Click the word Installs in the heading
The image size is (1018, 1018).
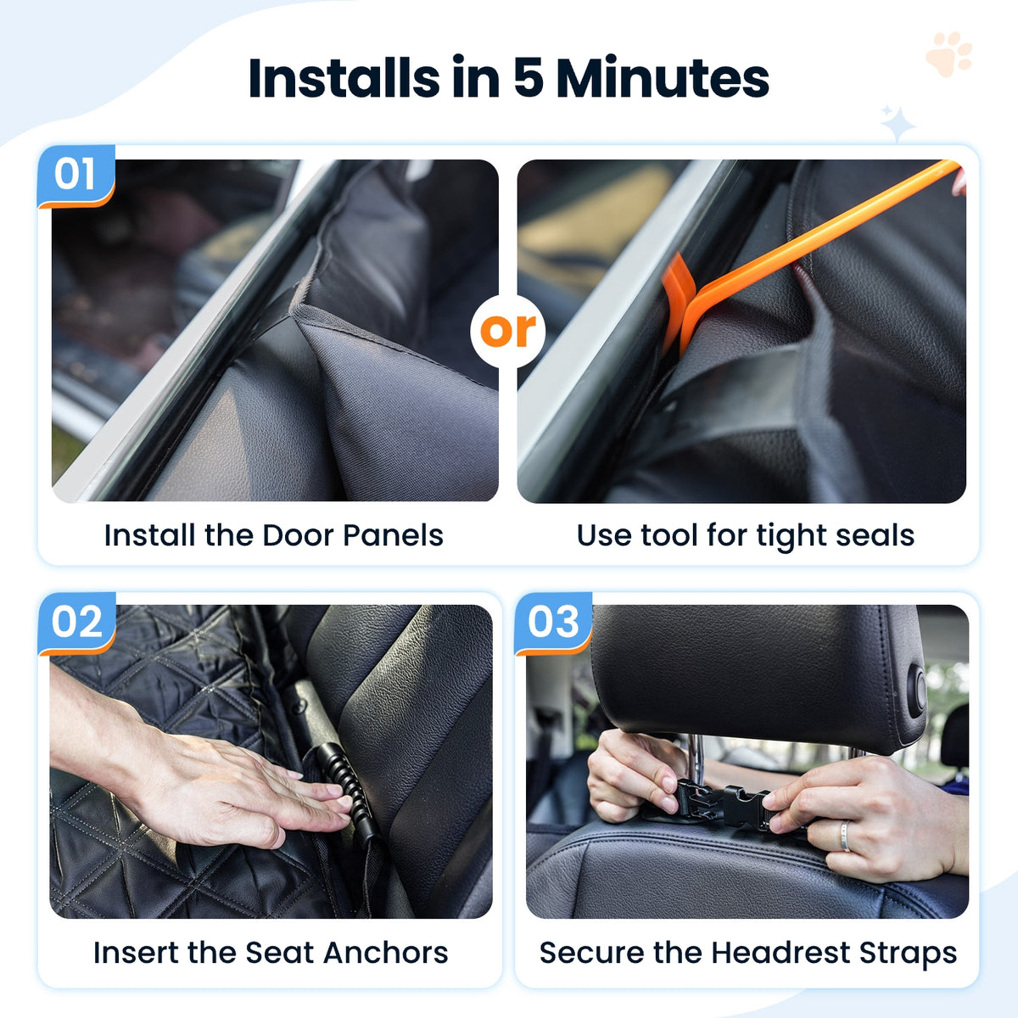pos(344,78)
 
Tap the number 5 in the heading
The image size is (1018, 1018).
pos(530,78)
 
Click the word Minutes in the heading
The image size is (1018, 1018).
pos(663,78)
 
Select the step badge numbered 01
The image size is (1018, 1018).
pos(76,176)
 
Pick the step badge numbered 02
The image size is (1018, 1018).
pos(77,623)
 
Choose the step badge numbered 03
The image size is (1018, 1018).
pos(554,623)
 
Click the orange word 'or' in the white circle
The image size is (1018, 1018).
pos(507,331)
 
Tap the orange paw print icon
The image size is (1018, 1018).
pos(950,54)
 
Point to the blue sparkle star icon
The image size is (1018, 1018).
pos(898,124)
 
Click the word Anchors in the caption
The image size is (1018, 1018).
pos(386,953)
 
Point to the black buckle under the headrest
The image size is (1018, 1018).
pos(723,803)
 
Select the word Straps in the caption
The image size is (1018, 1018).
pos(908,954)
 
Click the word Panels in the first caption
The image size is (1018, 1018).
pos(393,535)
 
